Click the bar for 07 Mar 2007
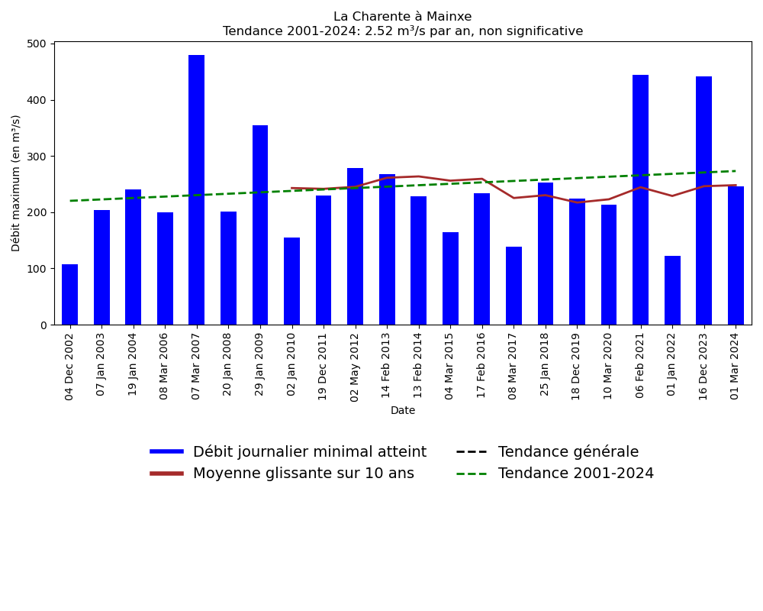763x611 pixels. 196,190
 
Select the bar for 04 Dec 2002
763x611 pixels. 69,295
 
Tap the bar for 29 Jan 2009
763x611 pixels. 260,225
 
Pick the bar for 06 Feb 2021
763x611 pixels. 640,200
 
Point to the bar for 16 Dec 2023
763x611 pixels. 703,201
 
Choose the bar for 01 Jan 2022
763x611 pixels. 672,290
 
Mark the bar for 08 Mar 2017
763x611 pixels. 513,286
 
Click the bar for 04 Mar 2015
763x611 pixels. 450,279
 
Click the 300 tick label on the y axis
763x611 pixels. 36,157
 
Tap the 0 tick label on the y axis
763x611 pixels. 43,325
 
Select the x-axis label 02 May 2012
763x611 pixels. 356,364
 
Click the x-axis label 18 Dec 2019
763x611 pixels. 577,364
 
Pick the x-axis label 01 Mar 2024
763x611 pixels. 736,364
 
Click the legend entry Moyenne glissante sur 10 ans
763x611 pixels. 303,474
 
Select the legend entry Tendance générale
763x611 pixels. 568,452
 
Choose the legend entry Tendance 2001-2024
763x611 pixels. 575,474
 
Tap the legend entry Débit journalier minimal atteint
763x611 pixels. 309,452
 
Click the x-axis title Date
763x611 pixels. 403,411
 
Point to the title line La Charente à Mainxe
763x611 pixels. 403,17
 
